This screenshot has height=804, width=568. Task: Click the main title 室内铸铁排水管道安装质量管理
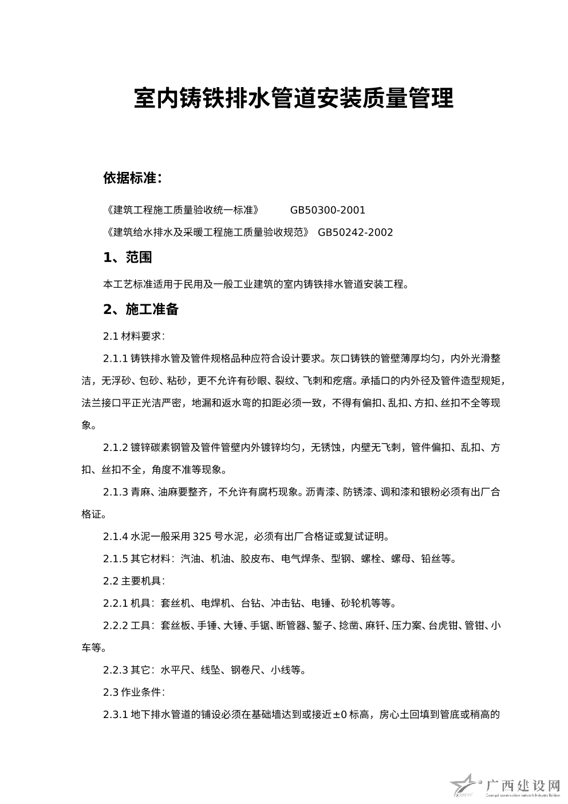293,99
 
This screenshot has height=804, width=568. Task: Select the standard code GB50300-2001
328,210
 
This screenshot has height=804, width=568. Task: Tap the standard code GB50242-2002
355,232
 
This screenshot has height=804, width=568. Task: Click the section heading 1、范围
128,258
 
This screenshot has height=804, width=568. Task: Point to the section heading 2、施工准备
141,309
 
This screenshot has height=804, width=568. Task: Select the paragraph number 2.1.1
115,359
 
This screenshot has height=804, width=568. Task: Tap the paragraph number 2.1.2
115,448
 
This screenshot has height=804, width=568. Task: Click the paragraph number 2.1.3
115,492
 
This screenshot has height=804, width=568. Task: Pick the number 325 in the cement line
203,537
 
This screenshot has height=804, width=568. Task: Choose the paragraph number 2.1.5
115,559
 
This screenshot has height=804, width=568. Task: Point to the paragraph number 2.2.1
115,603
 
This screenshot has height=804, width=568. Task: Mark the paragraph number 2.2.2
115,625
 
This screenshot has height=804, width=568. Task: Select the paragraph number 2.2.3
115,670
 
